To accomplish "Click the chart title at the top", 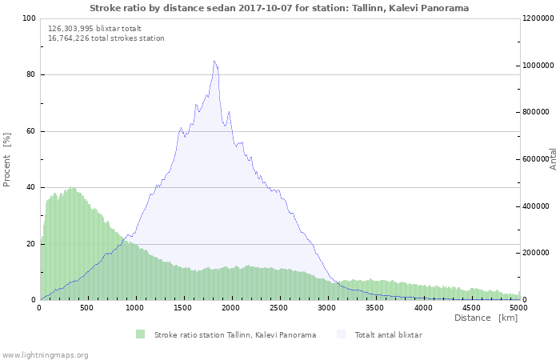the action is [279, 8].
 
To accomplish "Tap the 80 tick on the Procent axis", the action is [30, 74].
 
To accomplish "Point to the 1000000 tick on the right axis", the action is [538, 66].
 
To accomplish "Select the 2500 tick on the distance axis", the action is [278, 308].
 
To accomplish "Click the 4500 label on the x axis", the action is [471, 308].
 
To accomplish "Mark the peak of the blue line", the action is [214, 61].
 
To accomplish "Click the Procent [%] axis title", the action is [6, 160].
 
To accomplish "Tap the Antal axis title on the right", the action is [553, 159].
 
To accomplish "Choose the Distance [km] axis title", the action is [486, 318].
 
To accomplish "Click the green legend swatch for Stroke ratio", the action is [140, 334].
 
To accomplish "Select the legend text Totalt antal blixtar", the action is [389, 335].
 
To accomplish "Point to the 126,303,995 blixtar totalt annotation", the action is [94, 29].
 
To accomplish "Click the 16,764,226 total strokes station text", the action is [106, 38].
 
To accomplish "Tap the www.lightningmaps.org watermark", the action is [45, 355].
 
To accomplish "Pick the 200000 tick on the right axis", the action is [536, 253].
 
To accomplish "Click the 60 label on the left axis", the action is [30, 131].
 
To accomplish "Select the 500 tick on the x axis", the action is [86, 308].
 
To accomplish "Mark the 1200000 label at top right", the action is [538, 18].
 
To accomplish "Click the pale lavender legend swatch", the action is [341, 334].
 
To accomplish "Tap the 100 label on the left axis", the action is [29, 18].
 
